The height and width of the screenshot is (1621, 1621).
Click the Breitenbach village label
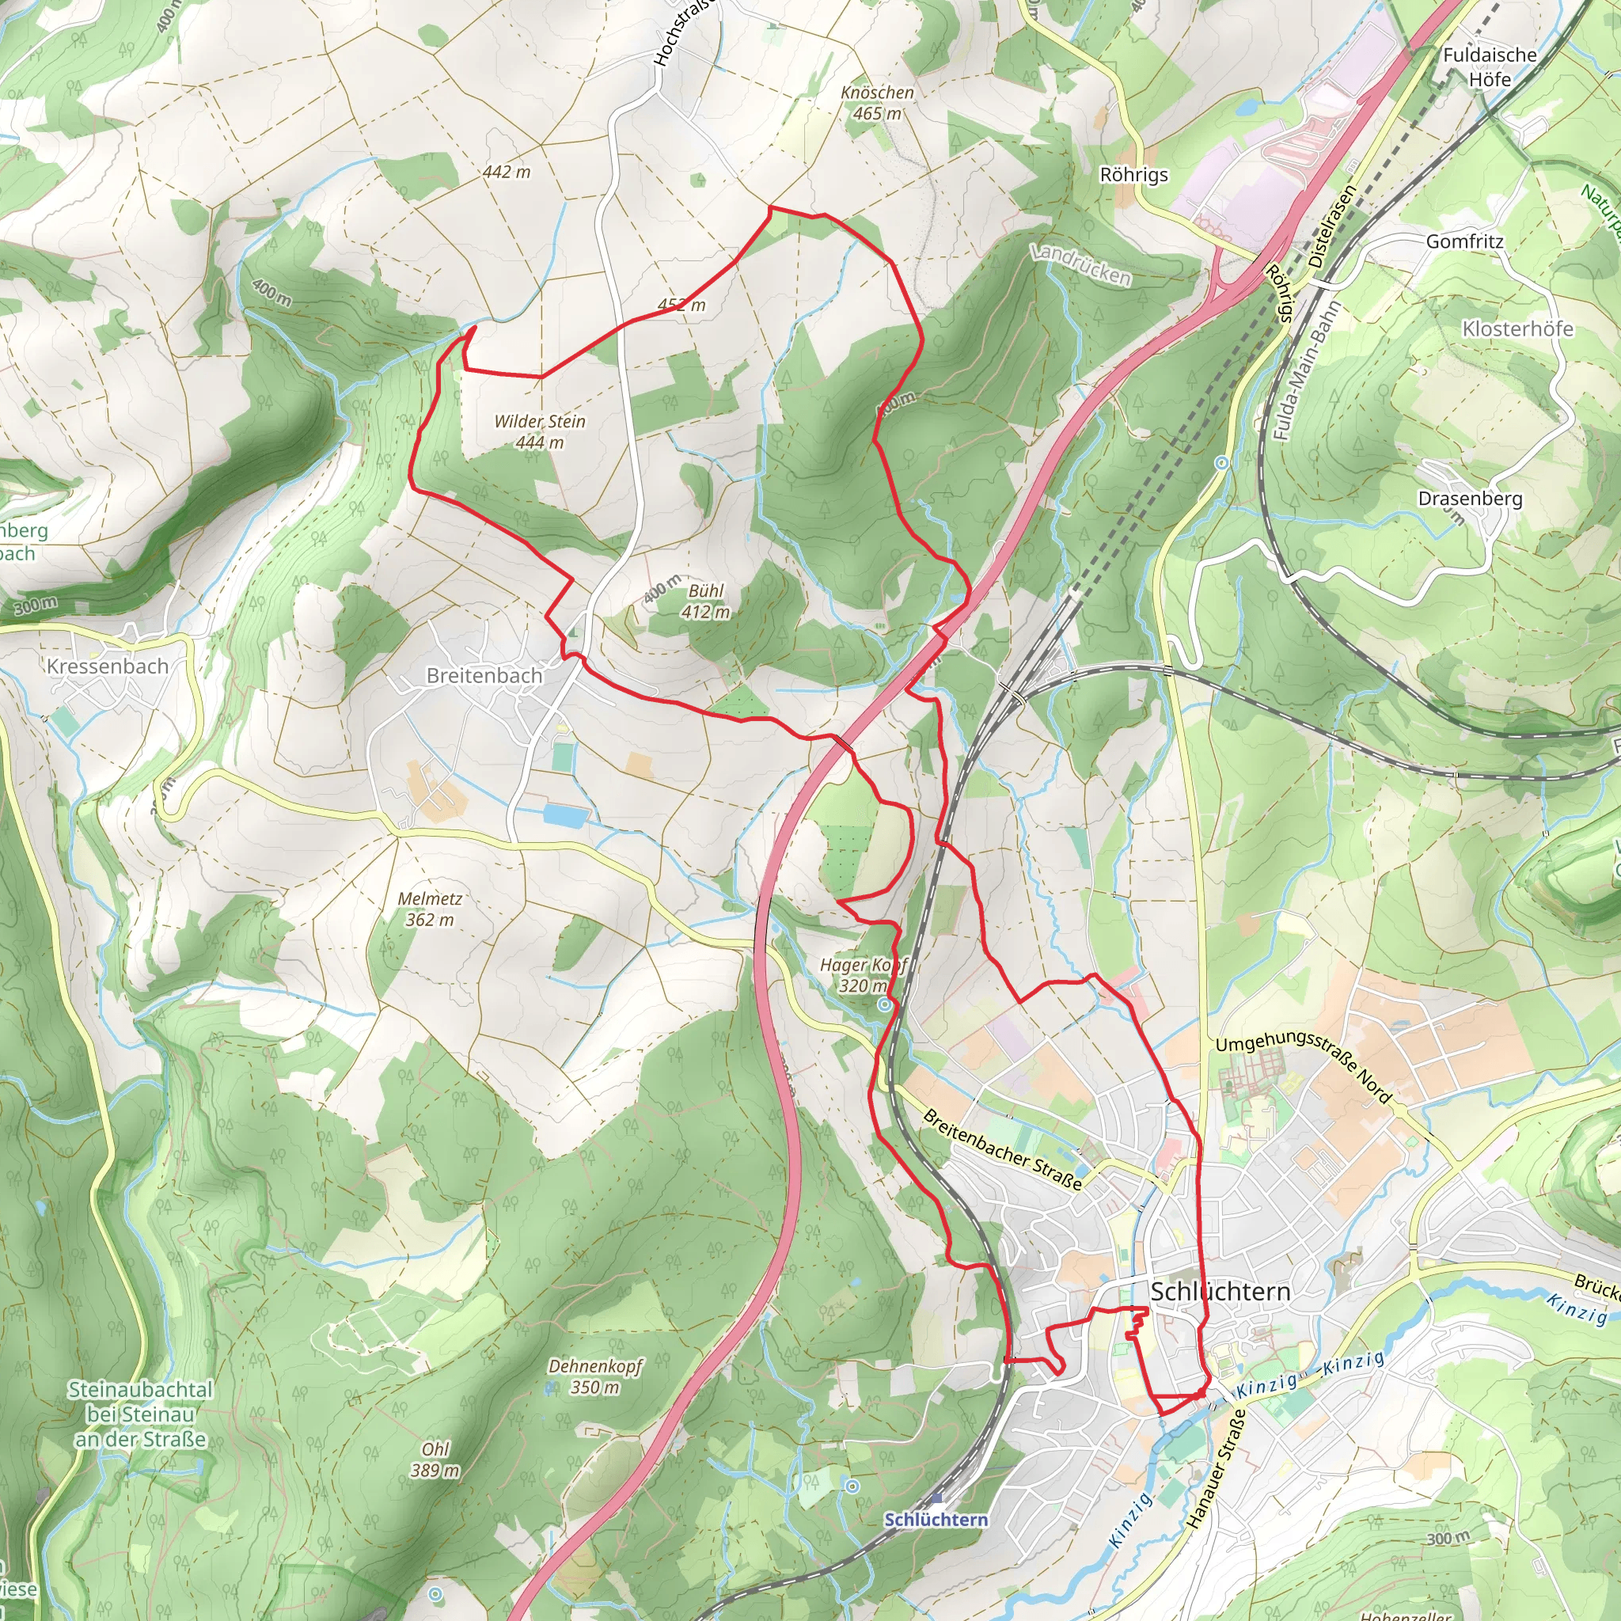[x=484, y=675]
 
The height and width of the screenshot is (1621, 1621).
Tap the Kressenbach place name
[x=108, y=666]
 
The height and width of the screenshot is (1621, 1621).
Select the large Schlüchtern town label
[x=1220, y=1291]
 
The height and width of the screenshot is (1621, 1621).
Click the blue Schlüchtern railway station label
[x=936, y=1520]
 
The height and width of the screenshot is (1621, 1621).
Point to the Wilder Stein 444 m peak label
[x=540, y=431]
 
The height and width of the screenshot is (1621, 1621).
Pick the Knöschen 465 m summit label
[x=878, y=102]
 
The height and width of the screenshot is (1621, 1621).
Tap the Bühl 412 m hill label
[x=705, y=601]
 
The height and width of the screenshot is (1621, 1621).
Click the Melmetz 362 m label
[x=431, y=909]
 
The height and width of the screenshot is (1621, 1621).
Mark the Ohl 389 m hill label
[x=435, y=1460]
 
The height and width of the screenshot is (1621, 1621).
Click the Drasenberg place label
[x=1469, y=499]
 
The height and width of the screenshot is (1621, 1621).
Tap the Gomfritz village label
[x=1465, y=241]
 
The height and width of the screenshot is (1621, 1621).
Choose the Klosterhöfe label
[x=1517, y=329]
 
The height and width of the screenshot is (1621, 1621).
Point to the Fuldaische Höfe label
[x=1490, y=66]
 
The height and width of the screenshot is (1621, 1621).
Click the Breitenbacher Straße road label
[x=1002, y=1148]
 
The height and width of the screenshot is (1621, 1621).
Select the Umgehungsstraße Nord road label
[x=1304, y=1065]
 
